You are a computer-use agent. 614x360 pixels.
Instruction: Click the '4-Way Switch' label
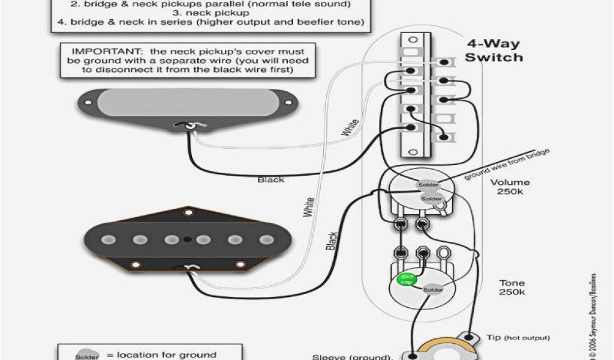tap(494, 51)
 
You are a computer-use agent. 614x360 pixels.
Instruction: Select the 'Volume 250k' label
tap(510, 187)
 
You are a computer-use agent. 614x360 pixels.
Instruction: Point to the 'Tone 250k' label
tap(511, 287)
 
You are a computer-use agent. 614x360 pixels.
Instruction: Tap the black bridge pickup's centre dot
tap(188, 239)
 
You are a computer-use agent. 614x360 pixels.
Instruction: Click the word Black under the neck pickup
tap(270, 179)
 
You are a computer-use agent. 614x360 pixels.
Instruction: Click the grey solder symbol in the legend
tap(85, 355)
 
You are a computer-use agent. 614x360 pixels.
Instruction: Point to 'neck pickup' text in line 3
tap(198, 12)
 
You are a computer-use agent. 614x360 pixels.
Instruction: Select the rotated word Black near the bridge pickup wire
tap(332, 241)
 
